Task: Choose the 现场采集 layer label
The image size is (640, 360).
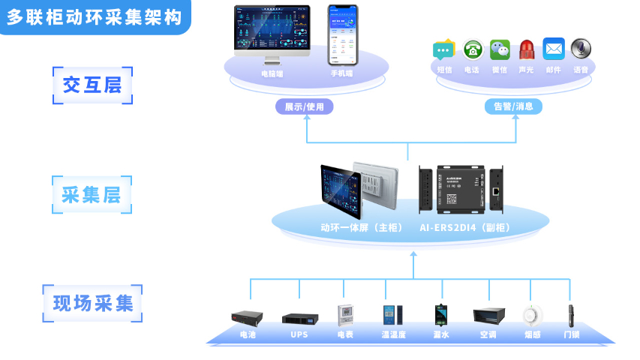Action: click(92, 304)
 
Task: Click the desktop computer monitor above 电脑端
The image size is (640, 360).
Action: click(272, 34)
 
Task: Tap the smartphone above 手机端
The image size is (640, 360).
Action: click(342, 34)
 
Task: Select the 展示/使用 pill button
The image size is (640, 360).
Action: click(305, 106)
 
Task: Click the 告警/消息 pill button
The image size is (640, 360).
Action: click(513, 106)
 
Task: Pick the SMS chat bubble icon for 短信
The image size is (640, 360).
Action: click(444, 50)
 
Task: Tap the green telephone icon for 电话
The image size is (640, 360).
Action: click(472, 50)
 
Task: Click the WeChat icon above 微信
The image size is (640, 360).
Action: click(500, 50)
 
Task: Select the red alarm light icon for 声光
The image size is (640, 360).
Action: click(526, 50)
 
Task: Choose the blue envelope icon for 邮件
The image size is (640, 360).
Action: click(554, 49)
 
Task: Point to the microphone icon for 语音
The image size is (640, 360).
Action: click(581, 49)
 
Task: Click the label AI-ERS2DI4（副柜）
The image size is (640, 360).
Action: click(465, 227)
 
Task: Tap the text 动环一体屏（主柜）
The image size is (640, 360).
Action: click(362, 227)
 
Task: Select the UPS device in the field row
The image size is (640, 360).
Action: click(299, 317)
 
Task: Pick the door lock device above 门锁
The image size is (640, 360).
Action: click(572, 314)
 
